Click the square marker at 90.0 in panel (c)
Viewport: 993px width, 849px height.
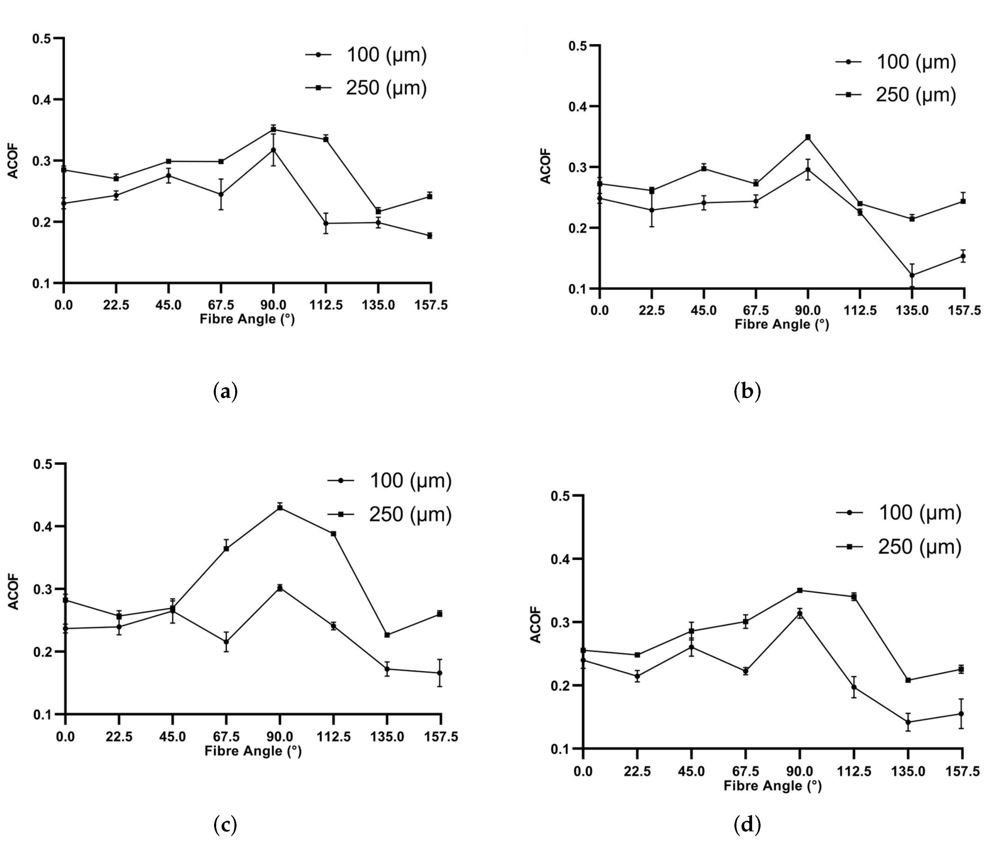(280, 507)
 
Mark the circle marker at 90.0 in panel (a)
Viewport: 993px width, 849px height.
(273, 150)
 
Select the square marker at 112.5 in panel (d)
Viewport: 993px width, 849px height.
(854, 597)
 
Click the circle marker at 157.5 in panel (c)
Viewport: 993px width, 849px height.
(440, 673)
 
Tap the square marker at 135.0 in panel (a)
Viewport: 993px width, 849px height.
(378, 212)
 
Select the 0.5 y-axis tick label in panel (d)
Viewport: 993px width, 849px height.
(560, 496)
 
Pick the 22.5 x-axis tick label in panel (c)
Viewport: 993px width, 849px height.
(119, 737)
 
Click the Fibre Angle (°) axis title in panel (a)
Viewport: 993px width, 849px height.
(247, 319)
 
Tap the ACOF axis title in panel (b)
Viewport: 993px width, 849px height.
(545, 167)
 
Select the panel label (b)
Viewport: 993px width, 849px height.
(747, 392)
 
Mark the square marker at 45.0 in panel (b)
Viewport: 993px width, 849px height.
(703, 168)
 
